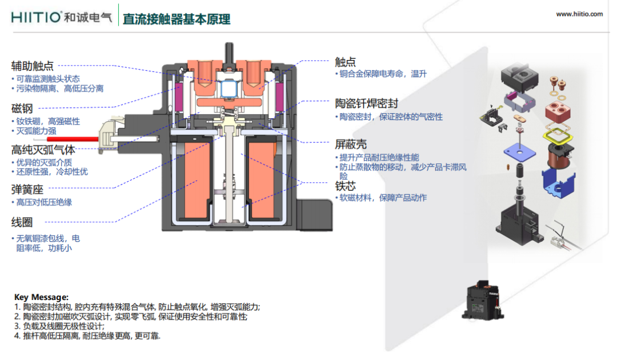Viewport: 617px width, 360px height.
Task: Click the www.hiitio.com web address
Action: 579,14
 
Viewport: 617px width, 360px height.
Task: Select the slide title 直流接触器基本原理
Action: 177,19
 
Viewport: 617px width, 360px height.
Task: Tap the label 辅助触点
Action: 33,66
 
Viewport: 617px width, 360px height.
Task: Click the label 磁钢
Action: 22,109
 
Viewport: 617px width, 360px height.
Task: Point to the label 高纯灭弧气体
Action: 43,150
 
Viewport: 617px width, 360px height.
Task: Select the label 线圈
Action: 22,222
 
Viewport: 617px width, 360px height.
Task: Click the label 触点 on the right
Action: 345,62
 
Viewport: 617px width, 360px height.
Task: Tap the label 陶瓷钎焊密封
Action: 366,103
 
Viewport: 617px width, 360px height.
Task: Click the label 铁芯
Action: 345,186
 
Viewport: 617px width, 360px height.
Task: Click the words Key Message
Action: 41,297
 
